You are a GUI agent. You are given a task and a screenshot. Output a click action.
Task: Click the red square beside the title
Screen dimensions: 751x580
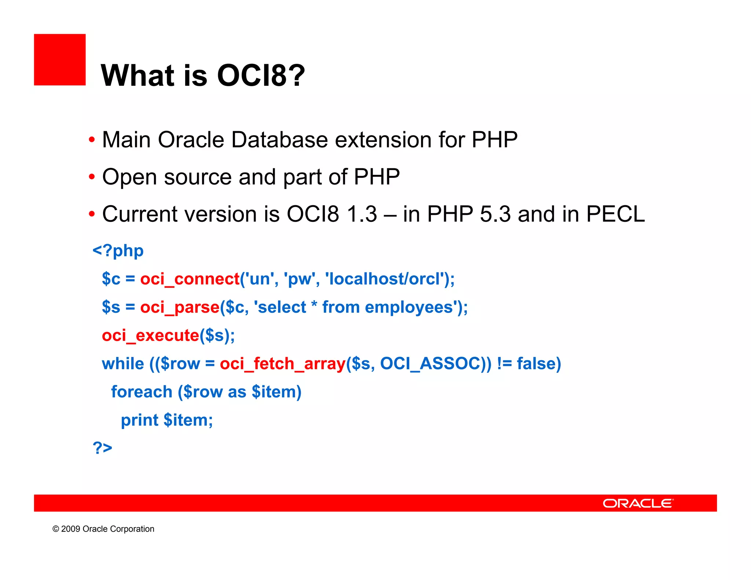coord(60,60)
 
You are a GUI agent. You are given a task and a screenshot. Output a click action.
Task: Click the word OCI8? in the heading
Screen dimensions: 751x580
coord(261,76)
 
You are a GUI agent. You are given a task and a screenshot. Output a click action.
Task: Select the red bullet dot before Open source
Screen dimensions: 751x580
coord(92,177)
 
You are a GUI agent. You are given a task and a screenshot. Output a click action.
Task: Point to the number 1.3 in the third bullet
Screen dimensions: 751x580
coord(362,214)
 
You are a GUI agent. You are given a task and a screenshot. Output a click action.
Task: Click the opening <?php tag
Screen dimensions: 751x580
coord(118,251)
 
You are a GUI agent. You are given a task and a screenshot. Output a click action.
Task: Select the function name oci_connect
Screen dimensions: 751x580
coord(190,279)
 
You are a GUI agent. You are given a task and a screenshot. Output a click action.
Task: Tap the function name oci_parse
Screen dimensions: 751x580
coord(180,307)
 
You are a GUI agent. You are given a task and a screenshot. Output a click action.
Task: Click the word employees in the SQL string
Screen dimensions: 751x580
coord(409,307)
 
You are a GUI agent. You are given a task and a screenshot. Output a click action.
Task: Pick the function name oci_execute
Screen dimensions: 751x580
coord(150,335)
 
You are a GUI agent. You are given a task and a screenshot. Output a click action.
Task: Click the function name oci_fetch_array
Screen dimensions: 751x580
coord(282,364)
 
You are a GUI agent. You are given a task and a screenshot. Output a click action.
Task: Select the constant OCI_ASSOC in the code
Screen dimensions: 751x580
coord(430,364)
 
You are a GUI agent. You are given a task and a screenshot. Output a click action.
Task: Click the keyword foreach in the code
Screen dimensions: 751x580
coord(142,392)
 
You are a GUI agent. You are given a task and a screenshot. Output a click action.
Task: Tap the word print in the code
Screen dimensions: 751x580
coord(139,420)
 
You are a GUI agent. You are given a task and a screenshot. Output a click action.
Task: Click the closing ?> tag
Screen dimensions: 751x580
coord(102,448)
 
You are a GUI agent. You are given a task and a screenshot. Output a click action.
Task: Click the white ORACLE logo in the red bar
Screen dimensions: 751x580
coord(638,503)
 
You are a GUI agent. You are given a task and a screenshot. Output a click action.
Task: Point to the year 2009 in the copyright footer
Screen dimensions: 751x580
coord(70,529)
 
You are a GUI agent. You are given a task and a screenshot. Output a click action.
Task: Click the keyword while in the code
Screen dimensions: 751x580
coord(123,364)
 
